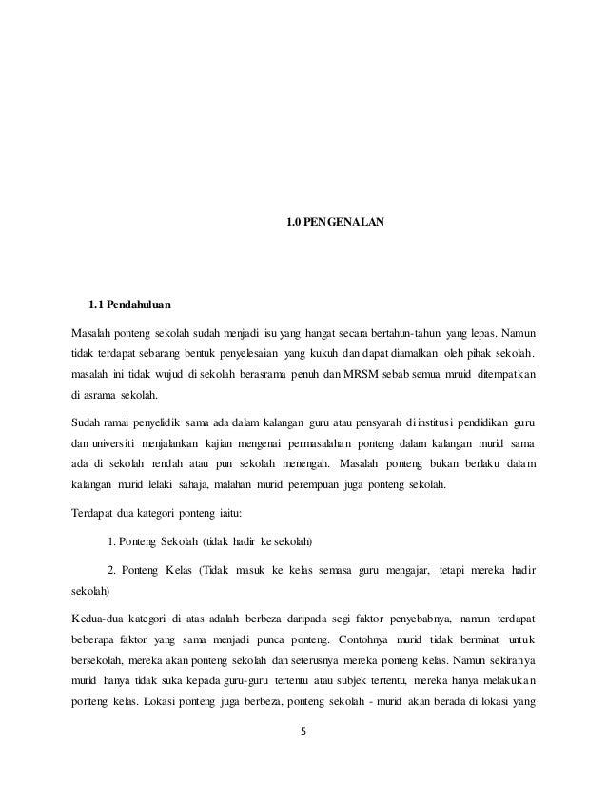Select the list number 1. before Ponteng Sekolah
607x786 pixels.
(x=111, y=542)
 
